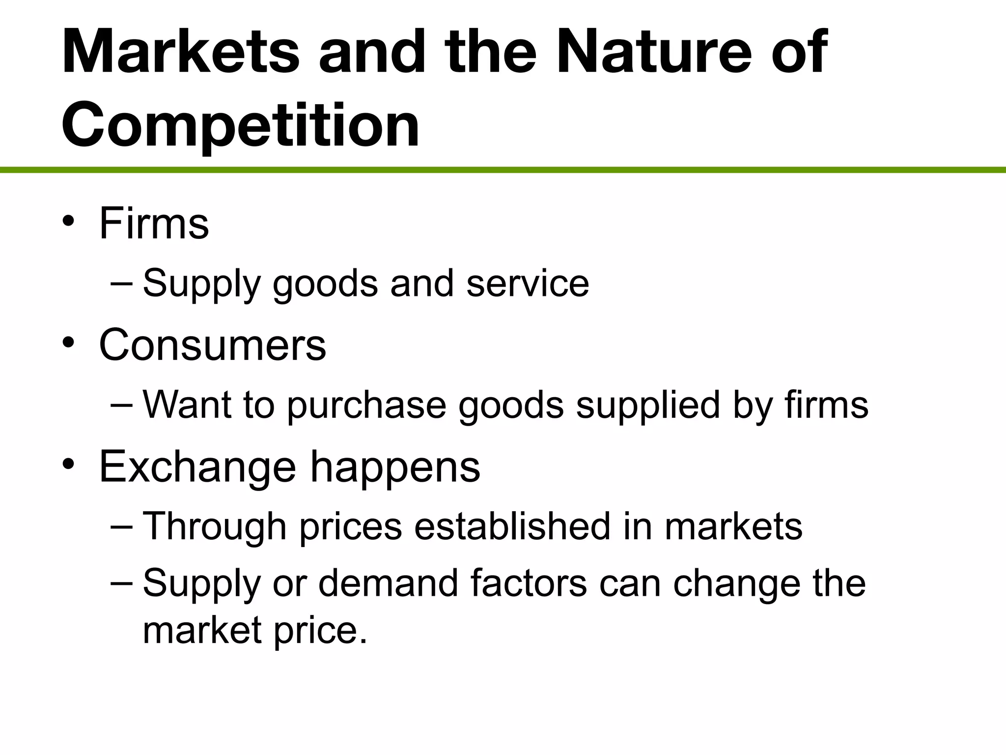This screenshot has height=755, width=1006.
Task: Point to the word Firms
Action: pos(154,224)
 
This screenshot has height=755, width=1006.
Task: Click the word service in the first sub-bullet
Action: pos(528,284)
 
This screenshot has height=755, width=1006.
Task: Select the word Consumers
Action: pos(212,345)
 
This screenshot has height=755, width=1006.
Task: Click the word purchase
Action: pos(367,406)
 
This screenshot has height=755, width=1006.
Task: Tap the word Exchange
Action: pos(197,467)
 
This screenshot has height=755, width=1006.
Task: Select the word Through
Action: pos(215,526)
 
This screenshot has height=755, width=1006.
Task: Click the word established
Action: pos(512,526)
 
